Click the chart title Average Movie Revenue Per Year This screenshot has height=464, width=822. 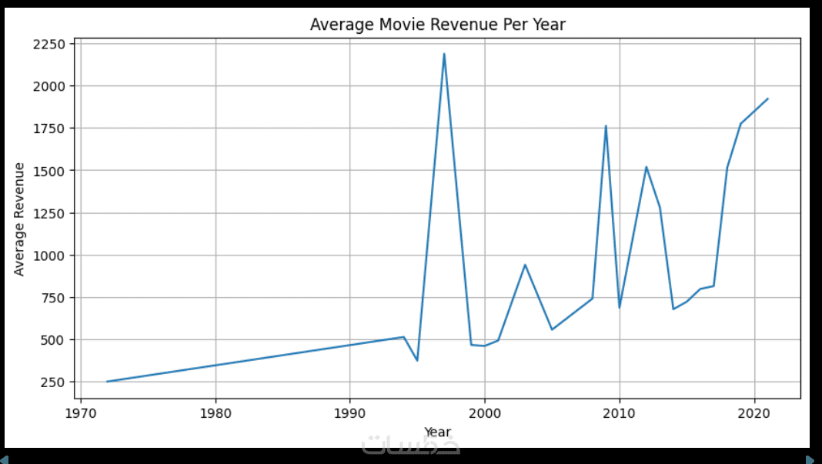tap(437, 25)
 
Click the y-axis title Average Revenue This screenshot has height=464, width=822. tap(19, 219)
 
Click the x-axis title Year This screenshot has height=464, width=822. tap(437, 432)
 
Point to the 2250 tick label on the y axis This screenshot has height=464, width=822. tap(48, 44)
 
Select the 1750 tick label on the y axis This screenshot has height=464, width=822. tap(48, 129)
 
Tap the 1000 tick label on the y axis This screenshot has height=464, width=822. tap(48, 255)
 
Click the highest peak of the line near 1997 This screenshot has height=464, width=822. tap(444, 54)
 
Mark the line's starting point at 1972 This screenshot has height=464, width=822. tap(107, 382)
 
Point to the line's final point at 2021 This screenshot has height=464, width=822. tap(768, 98)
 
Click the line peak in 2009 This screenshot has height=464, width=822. tap(606, 125)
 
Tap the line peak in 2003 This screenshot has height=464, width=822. tap(525, 265)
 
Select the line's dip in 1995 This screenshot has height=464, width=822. tap(417, 360)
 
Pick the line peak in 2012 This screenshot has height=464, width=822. tap(647, 167)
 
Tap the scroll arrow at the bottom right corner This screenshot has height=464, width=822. tap(810, 459)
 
